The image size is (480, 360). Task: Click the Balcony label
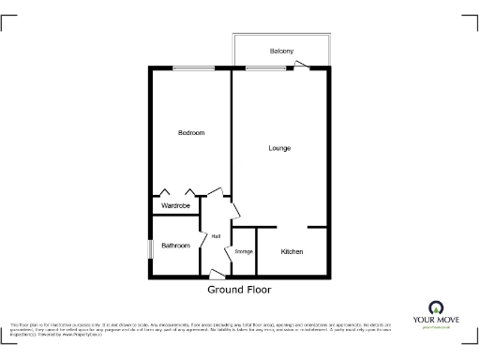click(281, 51)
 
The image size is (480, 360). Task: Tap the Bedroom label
click(191, 133)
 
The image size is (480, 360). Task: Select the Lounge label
click(279, 148)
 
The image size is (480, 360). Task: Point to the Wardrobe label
click(175, 205)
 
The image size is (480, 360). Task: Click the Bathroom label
click(175, 246)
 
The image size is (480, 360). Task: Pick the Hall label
click(216, 235)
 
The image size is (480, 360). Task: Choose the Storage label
click(243, 251)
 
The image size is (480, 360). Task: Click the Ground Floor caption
click(239, 290)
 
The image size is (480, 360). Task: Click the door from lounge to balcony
click(299, 65)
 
